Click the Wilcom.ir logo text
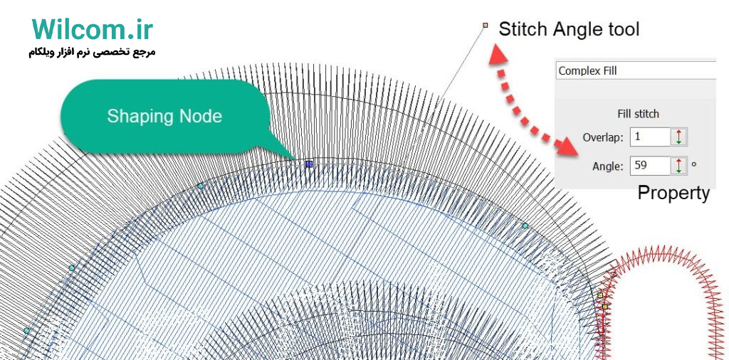pos(93,30)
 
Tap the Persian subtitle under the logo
pos(92,52)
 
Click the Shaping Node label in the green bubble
pos(164,116)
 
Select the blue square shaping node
pos(309,164)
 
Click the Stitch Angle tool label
pos(569,29)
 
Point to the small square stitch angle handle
pos(486,25)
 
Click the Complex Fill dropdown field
pos(636,71)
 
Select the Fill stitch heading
pos(639,114)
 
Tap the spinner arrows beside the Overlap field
pos(678,137)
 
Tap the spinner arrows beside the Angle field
pos(678,166)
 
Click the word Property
pos(673,193)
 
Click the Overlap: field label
pos(603,137)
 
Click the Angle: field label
pos(608,166)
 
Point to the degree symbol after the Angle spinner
pos(694,164)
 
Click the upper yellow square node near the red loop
pos(600,295)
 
